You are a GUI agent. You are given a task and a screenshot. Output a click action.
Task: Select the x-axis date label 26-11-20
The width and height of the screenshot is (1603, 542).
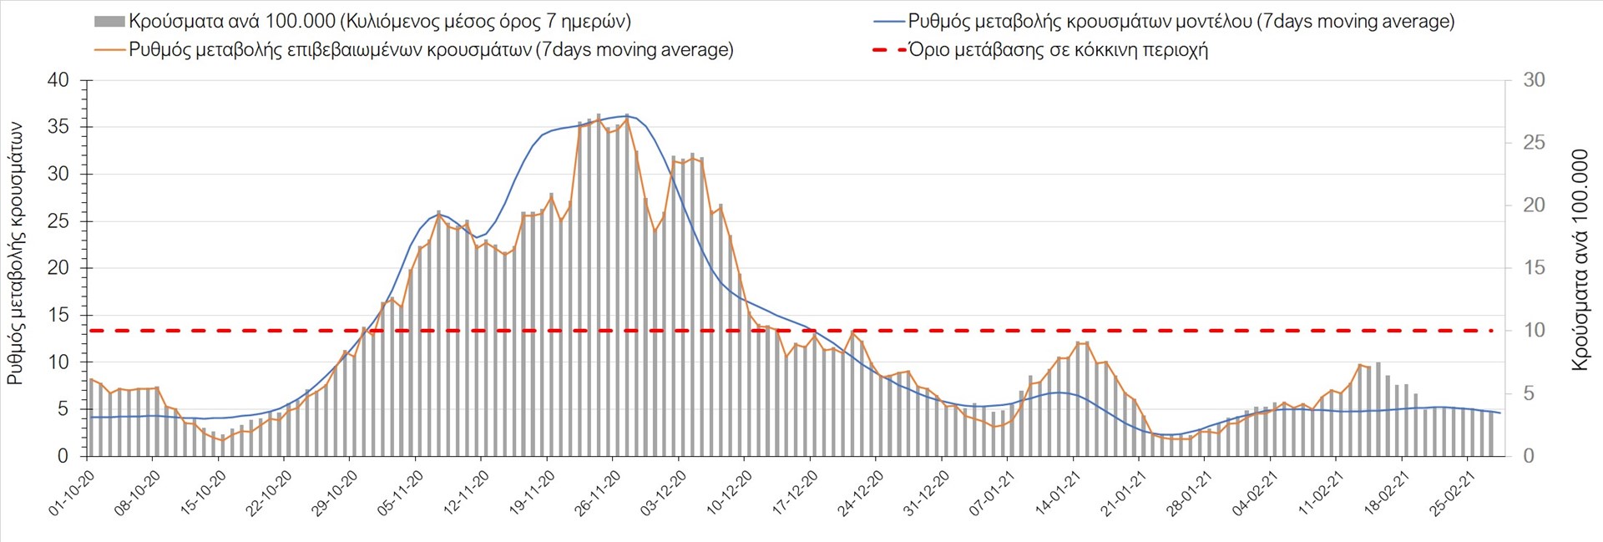[597, 494]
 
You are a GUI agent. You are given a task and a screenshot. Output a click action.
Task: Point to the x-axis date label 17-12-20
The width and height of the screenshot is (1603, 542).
[795, 494]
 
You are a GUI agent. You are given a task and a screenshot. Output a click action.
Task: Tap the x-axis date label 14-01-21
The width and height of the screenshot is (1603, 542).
[1058, 494]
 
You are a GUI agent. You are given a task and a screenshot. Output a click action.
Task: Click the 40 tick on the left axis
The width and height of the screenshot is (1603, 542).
[58, 81]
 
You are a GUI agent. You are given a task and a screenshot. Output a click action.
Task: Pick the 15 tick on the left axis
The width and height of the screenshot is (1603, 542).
[58, 316]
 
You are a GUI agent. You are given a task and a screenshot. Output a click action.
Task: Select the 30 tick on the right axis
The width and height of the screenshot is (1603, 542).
[1534, 81]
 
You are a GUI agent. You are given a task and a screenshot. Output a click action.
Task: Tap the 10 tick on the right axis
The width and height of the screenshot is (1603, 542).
[1534, 331]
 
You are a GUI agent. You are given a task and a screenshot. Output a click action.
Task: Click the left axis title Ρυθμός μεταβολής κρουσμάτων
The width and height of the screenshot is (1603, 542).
[15, 254]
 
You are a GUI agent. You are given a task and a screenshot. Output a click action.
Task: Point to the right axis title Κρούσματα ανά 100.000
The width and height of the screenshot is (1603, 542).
[1580, 261]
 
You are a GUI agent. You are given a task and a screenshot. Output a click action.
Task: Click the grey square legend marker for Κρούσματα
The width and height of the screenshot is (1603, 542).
[110, 22]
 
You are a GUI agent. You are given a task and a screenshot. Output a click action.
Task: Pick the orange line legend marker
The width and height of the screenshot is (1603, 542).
[110, 50]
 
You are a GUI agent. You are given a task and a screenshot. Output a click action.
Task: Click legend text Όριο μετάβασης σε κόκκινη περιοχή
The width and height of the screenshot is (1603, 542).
[1058, 50]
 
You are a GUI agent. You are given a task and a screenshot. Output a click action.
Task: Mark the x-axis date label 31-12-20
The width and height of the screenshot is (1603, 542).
[927, 494]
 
